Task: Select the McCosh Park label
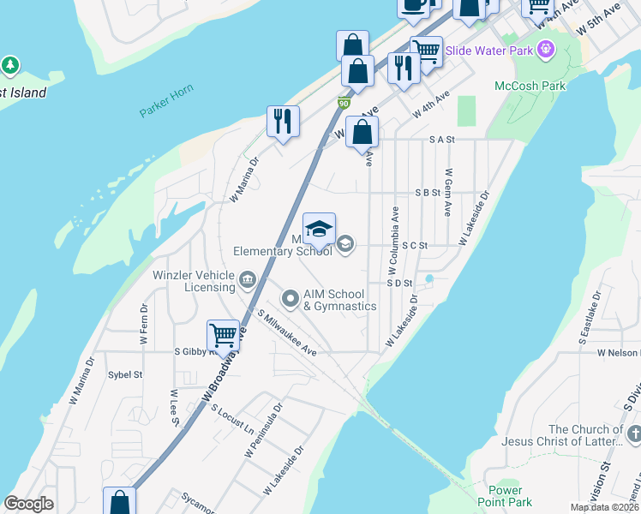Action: pos(530,86)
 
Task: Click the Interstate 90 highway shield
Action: pos(344,104)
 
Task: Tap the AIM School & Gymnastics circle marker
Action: pos(291,299)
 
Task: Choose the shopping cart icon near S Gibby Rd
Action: pos(223,335)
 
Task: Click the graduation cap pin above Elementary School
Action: pos(319,229)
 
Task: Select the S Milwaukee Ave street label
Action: pos(287,333)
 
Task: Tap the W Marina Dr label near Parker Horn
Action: pos(244,178)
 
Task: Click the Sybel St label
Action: pos(124,374)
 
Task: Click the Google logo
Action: pos(28,504)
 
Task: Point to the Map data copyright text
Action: pos(604,507)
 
